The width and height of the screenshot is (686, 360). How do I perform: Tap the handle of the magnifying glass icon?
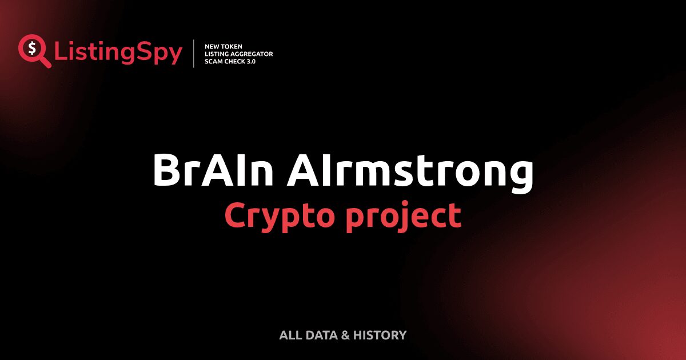pos(45,62)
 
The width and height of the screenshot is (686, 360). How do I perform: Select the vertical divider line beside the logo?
pos(194,54)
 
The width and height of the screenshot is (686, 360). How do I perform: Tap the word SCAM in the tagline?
pos(214,61)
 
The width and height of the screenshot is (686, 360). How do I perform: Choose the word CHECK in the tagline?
pos(236,61)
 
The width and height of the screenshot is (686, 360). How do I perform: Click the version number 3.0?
pos(251,61)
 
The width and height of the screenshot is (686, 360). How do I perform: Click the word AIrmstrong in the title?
pos(410,171)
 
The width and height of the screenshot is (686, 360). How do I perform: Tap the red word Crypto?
pos(274,216)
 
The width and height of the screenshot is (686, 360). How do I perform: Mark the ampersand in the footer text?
pos(345,335)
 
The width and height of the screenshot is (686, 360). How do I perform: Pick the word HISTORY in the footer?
pos(380,335)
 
